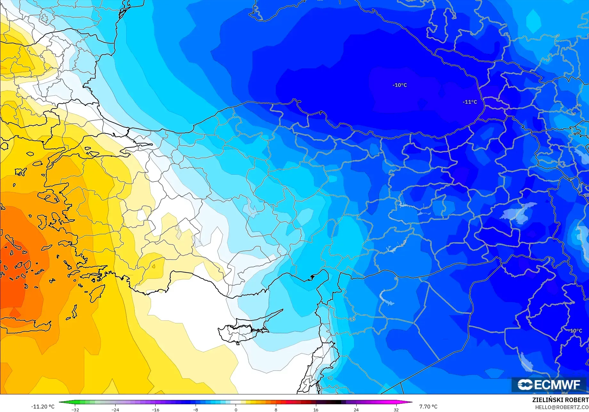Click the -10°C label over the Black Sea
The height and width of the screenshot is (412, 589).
click(x=399, y=85)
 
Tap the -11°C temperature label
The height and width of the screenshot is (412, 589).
click(x=470, y=102)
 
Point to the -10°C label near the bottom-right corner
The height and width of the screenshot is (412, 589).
click(x=575, y=331)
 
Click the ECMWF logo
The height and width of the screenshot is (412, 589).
click(x=549, y=384)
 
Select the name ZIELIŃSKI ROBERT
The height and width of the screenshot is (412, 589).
click(x=560, y=400)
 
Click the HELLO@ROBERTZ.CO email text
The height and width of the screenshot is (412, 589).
click(x=562, y=407)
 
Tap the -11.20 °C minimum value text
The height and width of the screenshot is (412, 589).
click(x=43, y=407)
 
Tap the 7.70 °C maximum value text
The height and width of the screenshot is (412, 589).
click(x=428, y=407)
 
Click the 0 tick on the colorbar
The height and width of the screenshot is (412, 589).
click(x=236, y=409)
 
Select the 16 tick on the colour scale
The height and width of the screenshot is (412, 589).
click(x=316, y=409)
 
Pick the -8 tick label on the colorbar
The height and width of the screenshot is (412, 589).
click(x=196, y=409)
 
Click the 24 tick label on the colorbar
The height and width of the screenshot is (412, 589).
click(x=356, y=409)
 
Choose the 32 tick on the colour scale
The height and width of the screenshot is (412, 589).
click(x=396, y=409)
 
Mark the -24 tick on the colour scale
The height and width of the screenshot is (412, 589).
click(x=115, y=409)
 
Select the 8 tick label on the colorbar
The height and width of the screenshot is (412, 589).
click(x=276, y=409)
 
